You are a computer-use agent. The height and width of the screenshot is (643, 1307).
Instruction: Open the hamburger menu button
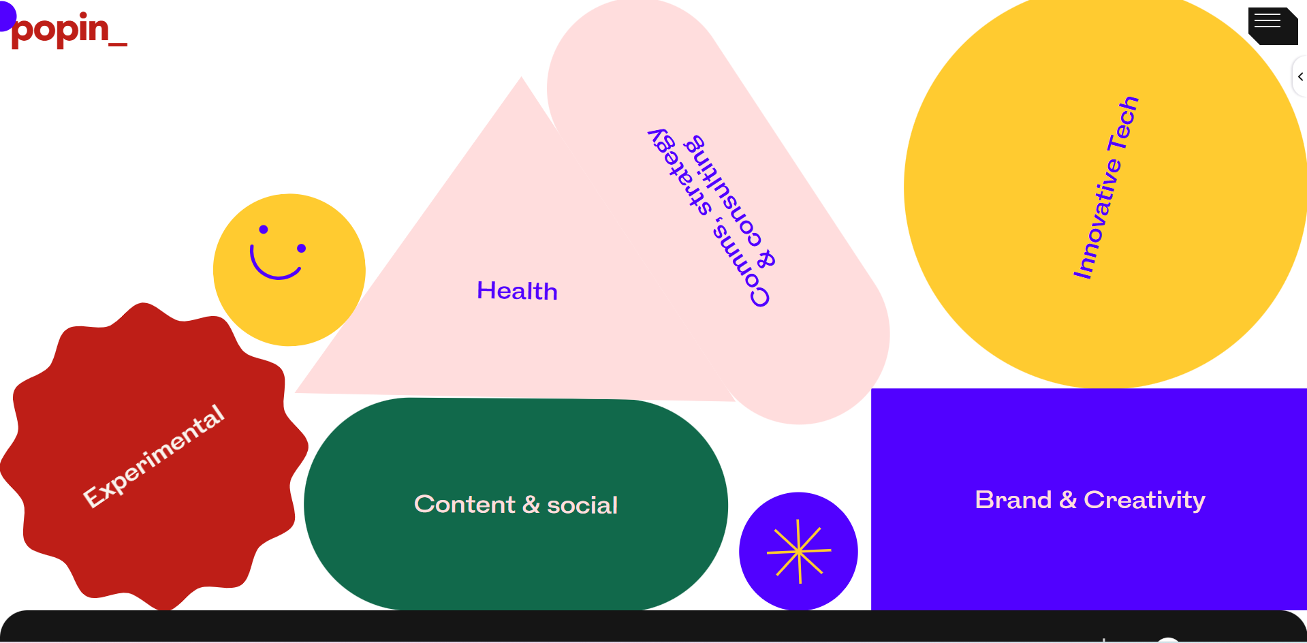tap(1272, 26)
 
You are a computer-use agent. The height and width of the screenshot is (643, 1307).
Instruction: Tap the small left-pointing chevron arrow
tap(1300, 77)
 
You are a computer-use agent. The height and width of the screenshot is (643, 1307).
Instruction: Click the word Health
tap(517, 291)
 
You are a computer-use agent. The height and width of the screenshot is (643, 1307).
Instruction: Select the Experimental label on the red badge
tap(153, 456)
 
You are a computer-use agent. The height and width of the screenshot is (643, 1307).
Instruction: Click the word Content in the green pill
tap(464, 504)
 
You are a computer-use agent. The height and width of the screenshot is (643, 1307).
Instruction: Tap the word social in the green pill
tap(582, 505)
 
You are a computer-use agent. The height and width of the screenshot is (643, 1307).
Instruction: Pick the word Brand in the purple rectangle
tap(1013, 500)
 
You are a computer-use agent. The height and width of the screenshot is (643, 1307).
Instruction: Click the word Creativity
tap(1144, 501)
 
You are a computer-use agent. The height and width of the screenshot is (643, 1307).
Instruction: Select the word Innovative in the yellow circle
tap(1095, 219)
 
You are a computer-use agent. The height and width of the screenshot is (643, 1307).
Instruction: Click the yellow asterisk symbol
tap(798, 552)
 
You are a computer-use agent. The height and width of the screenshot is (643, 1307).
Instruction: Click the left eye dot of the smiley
tap(264, 230)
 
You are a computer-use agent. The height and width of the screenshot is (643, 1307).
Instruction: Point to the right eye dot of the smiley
tap(302, 248)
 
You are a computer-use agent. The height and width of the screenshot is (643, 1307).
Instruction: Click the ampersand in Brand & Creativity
tap(1068, 500)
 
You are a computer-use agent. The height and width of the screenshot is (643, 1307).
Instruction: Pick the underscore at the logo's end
tap(118, 45)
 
